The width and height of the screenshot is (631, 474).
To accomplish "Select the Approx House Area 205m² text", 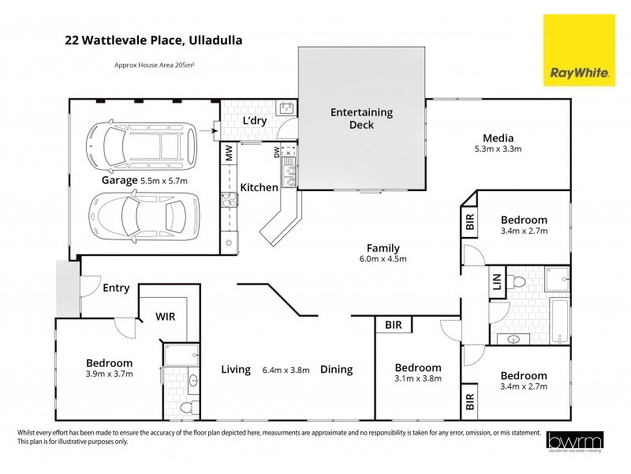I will [155, 66].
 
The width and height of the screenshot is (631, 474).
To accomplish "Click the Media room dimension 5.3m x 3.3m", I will [498, 149].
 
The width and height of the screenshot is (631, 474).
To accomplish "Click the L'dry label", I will [253, 120].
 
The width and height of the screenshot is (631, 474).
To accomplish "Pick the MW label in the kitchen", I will [229, 153].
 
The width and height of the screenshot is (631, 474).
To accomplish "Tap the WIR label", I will [165, 316].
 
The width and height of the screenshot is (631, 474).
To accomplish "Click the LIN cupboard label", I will [497, 283].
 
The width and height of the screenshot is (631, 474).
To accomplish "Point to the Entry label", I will [116, 288].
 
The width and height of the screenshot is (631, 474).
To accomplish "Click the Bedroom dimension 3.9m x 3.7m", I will [110, 374].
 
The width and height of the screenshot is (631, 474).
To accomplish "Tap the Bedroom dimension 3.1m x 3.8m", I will [417, 379].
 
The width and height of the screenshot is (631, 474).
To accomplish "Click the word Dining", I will [336, 369].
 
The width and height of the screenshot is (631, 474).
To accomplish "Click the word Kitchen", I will [259, 187].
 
